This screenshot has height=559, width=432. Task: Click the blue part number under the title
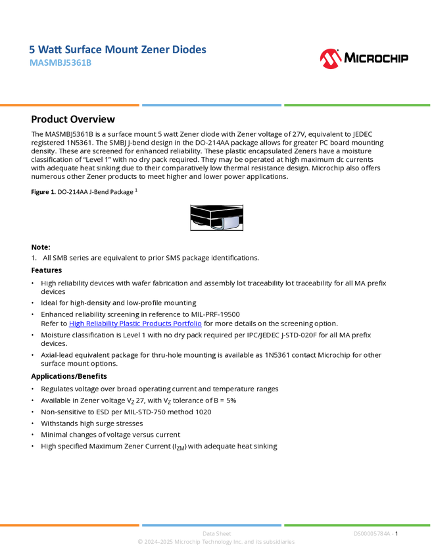pyautogui.click(x=60, y=63)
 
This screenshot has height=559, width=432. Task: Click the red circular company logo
pyautogui.click(x=331, y=59)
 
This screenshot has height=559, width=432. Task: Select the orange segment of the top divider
pyautogui.click(x=70, y=105)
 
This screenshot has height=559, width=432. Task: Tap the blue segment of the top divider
pyautogui.click(x=212, y=105)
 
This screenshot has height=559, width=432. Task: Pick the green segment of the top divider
pyautogui.click(x=357, y=105)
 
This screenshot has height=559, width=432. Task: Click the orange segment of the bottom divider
pyautogui.click(x=70, y=525)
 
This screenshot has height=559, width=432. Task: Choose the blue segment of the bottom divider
pyautogui.click(x=212, y=525)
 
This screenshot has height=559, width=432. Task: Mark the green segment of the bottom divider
pyautogui.click(x=357, y=525)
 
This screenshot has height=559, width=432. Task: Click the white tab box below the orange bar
pyautogui.click(x=16, y=119)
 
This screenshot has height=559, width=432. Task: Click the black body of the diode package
pyautogui.click(x=210, y=213)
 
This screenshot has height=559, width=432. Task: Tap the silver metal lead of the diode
pyautogui.click(x=231, y=223)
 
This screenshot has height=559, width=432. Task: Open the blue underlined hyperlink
pyautogui.click(x=135, y=324)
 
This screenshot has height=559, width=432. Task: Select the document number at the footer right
pyautogui.click(x=373, y=533)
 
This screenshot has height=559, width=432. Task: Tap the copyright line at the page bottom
pyautogui.click(x=216, y=542)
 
